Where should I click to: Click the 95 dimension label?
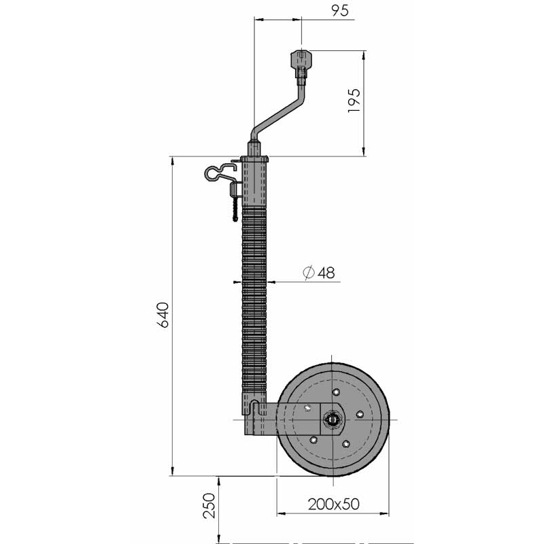pos(339,10)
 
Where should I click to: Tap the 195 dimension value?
pos(354,100)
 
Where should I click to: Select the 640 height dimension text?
pos(163,315)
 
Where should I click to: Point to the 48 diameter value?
pos(326,273)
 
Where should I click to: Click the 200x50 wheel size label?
pos(333,504)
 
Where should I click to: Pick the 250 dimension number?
pos(209,506)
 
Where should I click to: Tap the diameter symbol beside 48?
pos(309,273)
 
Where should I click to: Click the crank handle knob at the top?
pos(301,60)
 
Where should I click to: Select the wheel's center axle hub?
pos(332,420)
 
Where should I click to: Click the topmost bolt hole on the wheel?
pos(336,392)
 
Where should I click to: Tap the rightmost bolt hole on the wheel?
pos(360,414)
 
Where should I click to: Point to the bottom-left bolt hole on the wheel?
pos(313,440)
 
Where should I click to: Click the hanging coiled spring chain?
pos(235,209)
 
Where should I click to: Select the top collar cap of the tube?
pos(254,159)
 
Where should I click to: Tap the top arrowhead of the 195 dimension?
pos(363,55)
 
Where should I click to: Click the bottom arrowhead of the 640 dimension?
pos(173,471)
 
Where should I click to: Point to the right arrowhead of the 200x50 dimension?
pos(384,513)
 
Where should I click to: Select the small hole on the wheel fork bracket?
pos(307,408)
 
